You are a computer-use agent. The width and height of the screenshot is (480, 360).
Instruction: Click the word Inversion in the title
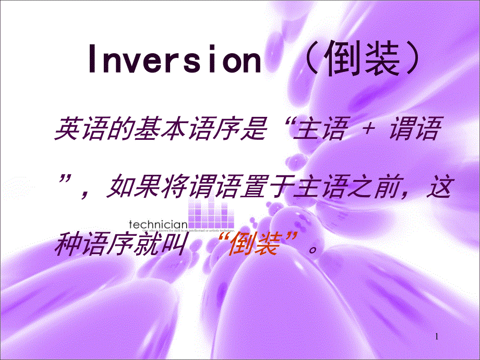coord(174,62)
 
